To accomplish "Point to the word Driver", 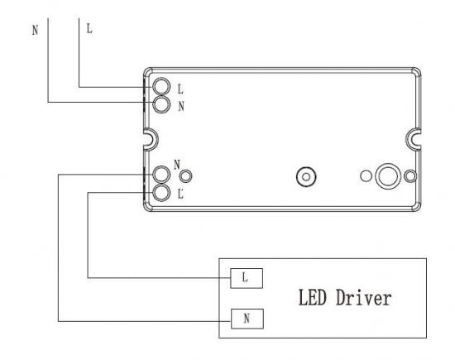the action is pos(364,298).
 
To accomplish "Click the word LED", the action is pos(312,298).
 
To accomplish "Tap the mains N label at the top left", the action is pos(35,30).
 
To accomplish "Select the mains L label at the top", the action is pos(89,28).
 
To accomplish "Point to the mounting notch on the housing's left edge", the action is pos(156,139).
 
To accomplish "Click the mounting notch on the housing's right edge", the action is pos(407,139).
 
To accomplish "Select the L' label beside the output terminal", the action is pos(180,194).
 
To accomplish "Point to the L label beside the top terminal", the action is pos(180,89).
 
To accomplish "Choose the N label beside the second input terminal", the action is pos(181,106).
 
